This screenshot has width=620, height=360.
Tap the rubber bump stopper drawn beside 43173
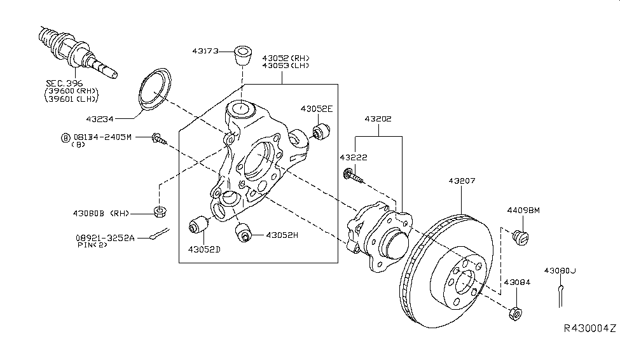point(242,56)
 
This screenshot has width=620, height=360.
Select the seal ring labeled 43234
point(153,91)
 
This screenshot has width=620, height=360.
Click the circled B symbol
point(64,137)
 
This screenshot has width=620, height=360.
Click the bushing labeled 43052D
point(201,225)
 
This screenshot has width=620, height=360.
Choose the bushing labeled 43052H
point(243,233)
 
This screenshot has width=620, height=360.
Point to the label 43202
point(378,119)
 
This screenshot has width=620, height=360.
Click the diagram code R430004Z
point(589,328)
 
